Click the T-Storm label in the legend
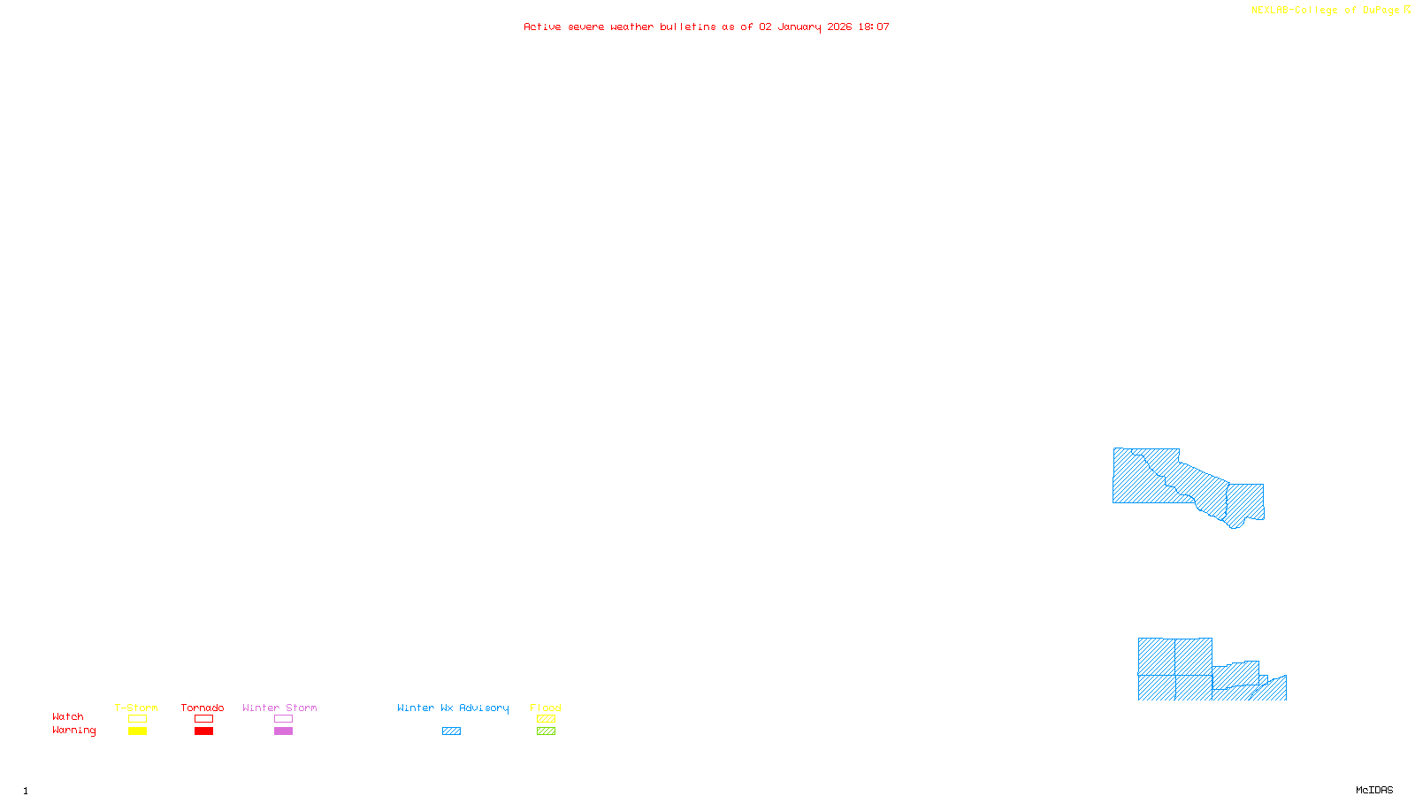tap(136, 708)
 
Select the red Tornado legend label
tap(203, 708)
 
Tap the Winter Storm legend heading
tap(279, 708)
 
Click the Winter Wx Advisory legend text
tap(453, 708)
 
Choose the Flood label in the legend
tap(546, 708)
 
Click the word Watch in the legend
tap(68, 716)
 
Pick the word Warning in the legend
tap(74, 731)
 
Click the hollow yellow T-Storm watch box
tap(137, 719)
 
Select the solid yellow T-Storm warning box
tap(137, 731)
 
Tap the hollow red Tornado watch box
tap(203, 719)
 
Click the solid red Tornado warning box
tap(203, 731)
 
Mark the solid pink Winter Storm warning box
tap(283, 731)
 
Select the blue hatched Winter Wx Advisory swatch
tap(451, 731)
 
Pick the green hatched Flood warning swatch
tap(546, 731)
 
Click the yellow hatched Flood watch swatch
tap(546, 719)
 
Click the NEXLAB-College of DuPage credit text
tap(1326, 11)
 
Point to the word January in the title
tap(799, 27)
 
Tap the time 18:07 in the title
tap(874, 27)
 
